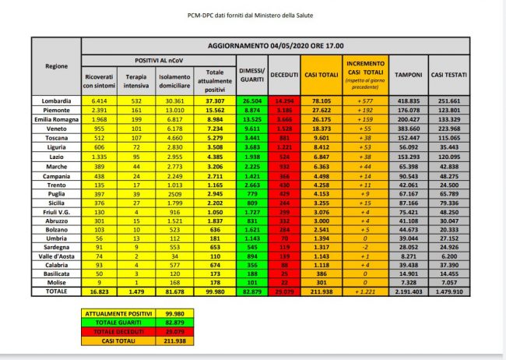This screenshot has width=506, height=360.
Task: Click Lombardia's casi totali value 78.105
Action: (319, 101)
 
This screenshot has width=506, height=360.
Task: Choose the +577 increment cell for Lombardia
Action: (365, 101)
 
